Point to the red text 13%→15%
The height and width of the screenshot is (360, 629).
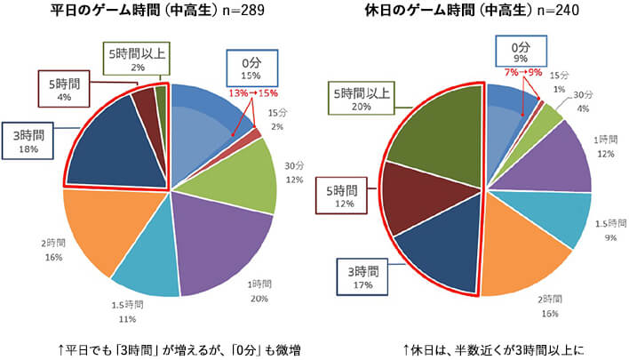[x=253, y=92]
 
